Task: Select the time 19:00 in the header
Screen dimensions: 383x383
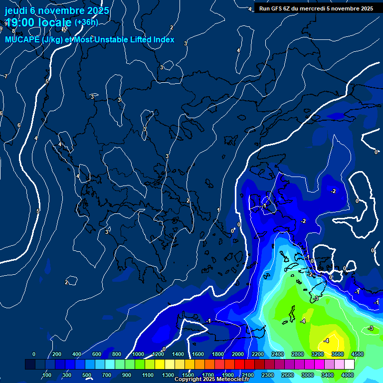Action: [22, 22]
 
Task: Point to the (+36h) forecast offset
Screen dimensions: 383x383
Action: [86, 22]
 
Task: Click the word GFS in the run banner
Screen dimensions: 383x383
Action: [277, 8]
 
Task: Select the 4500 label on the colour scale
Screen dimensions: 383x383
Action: [357, 354]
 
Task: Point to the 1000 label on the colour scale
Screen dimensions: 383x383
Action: [138, 354]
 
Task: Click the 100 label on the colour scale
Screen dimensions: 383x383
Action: [47, 375]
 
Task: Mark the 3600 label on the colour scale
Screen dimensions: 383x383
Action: [337, 354]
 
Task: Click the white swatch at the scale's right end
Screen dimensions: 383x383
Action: [349, 365]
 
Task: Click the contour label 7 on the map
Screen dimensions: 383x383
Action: [5, 76]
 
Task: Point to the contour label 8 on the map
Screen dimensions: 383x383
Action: [13, 45]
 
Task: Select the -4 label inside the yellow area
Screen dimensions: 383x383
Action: [326, 341]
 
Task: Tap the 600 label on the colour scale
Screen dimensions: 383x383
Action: [97, 354]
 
